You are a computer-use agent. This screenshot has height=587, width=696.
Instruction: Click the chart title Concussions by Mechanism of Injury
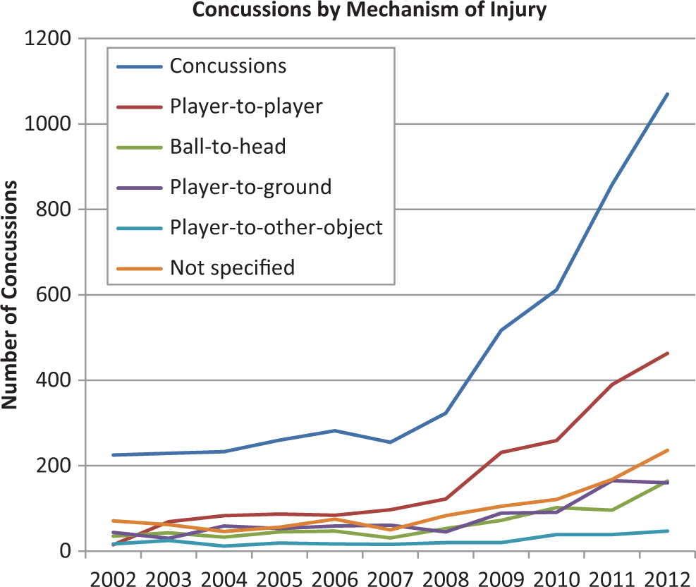[x=370, y=10]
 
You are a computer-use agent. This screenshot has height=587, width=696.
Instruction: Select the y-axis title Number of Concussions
[x=9, y=295]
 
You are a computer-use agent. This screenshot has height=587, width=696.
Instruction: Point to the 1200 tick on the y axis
[x=47, y=39]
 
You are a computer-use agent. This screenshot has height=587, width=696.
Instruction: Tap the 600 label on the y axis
[x=54, y=295]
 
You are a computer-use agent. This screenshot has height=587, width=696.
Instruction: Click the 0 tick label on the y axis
[x=66, y=551]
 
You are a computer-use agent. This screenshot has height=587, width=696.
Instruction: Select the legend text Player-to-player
[x=246, y=107]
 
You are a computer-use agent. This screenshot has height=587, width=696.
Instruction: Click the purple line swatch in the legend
[x=140, y=188]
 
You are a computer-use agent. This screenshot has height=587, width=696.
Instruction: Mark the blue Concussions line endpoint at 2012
[x=668, y=94]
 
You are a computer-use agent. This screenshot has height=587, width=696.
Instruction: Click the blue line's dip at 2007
[x=390, y=442]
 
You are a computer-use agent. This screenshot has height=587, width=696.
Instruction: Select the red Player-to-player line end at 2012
[x=668, y=353]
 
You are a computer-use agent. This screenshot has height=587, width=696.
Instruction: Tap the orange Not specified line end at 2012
[x=668, y=450]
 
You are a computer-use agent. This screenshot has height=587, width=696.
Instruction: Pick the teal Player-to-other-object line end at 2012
[x=668, y=531]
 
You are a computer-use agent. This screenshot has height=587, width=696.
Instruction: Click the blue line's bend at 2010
[x=556, y=290]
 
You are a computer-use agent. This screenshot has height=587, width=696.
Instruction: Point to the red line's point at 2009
[x=501, y=452]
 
